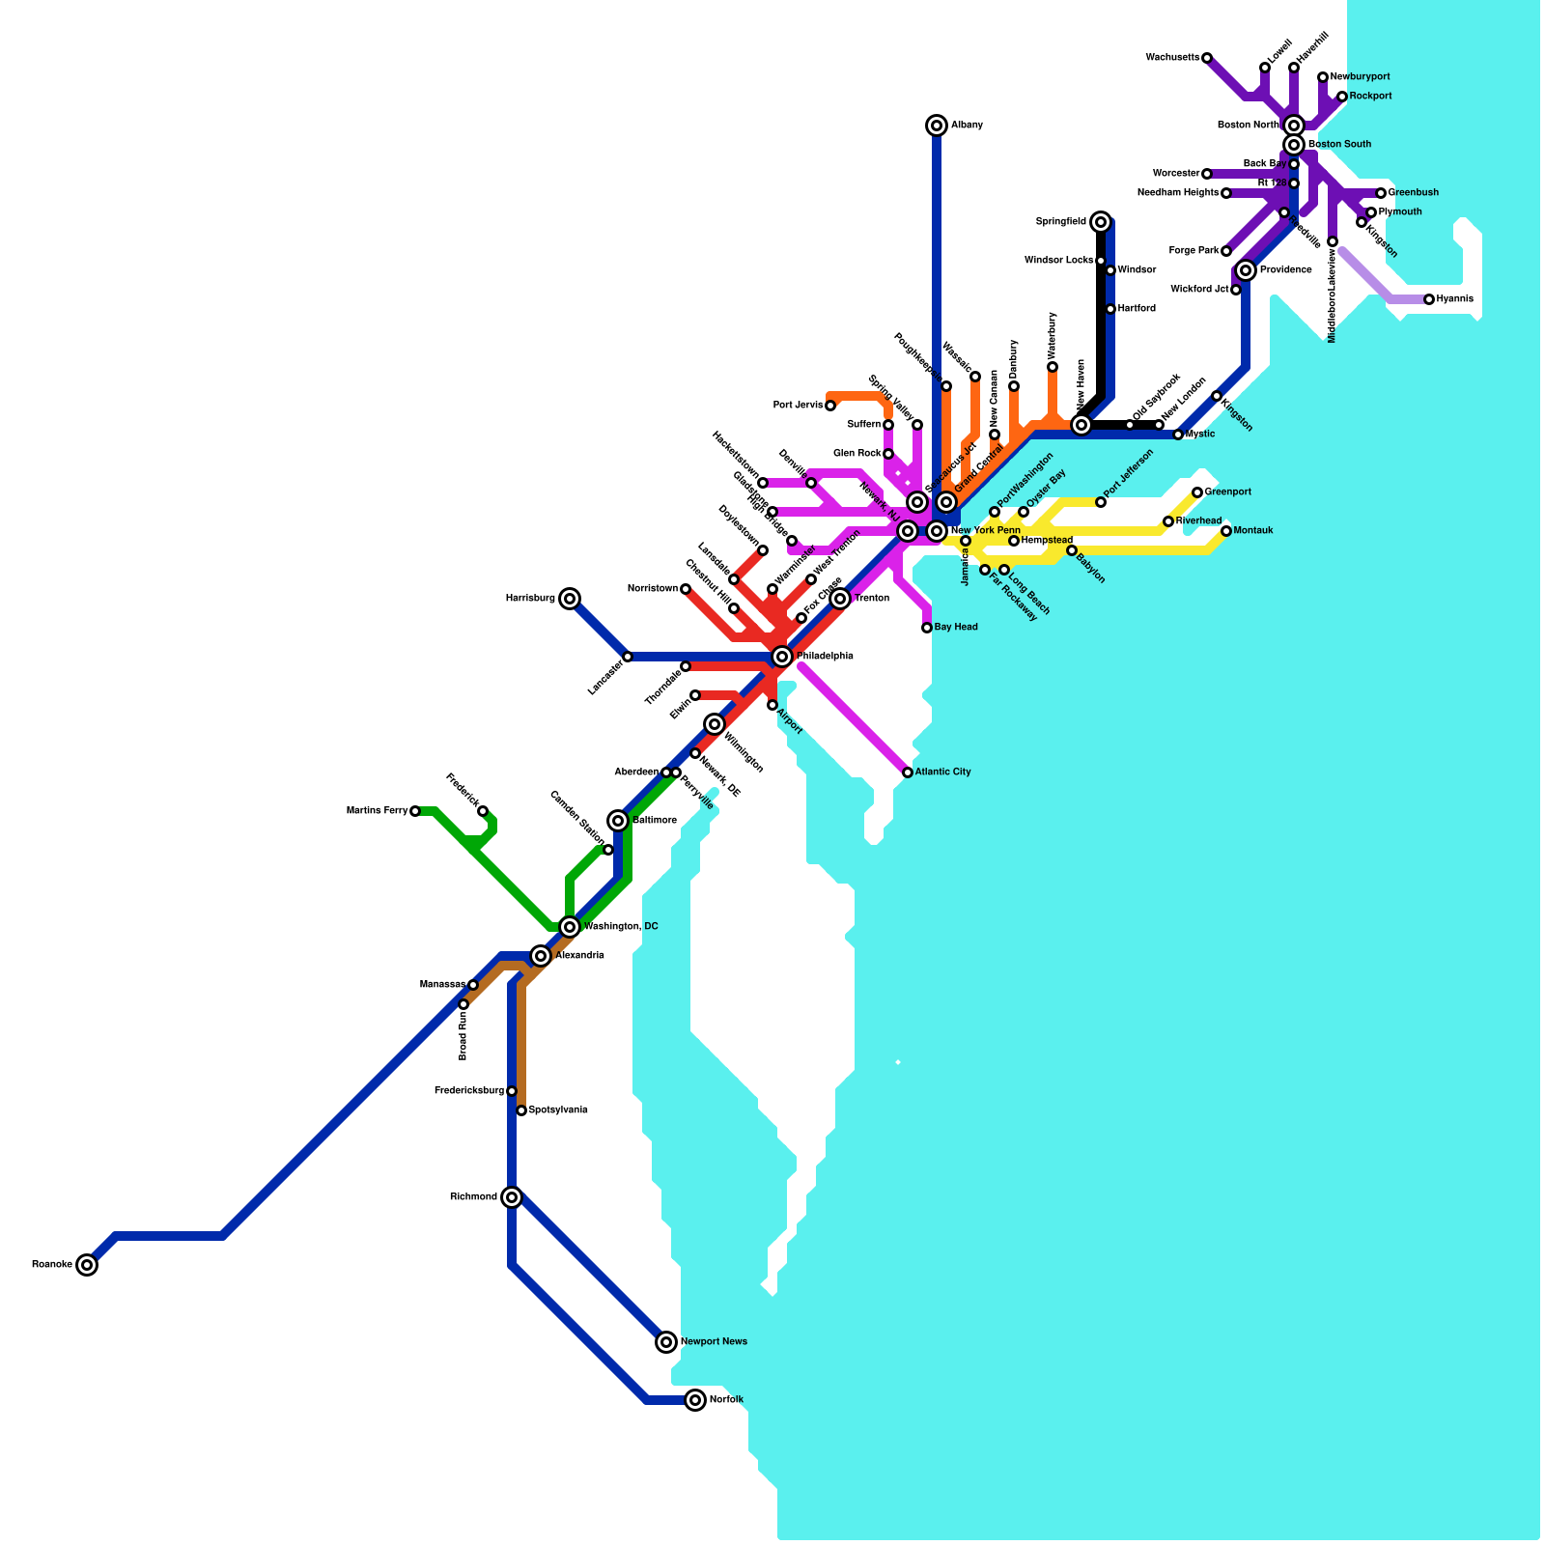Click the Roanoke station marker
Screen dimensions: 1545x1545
(87, 1265)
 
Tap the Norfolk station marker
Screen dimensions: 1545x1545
(695, 1400)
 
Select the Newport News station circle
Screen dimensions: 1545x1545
(666, 1342)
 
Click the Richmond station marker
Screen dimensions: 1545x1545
(512, 1197)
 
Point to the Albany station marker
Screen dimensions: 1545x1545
(937, 126)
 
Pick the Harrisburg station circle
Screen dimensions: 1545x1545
(570, 599)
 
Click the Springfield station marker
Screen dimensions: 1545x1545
(1101, 222)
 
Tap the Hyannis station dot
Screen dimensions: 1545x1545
(1429, 299)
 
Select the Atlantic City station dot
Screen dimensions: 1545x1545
(908, 772)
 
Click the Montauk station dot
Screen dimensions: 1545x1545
(1226, 531)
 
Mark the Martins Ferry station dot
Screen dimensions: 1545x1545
(415, 811)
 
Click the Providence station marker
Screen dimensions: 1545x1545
(1246, 270)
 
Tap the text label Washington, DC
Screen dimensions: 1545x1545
(621, 927)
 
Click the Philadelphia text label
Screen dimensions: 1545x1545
(825, 657)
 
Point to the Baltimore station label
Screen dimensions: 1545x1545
(655, 821)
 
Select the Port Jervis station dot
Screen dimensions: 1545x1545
(830, 406)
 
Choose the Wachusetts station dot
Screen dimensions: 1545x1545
(1207, 58)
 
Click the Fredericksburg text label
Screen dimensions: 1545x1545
(469, 1091)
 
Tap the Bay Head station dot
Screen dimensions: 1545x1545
(927, 628)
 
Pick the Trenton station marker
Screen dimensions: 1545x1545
(840, 599)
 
